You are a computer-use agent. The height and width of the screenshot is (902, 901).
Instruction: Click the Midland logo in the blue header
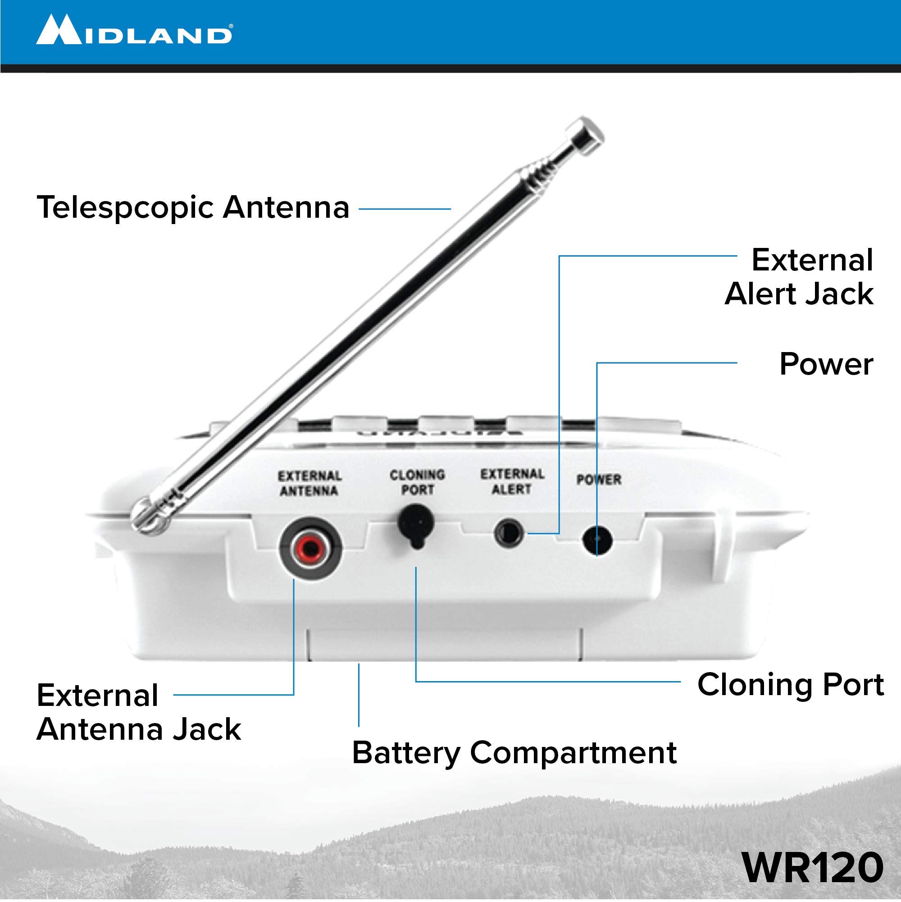[x=134, y=30]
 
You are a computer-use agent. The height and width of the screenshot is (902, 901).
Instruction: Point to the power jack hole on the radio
[x=597, y=540]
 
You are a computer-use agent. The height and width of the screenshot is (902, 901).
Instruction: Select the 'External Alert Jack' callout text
[x=799, y=277]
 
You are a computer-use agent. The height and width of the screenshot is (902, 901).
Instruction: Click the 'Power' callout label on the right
[x=826, y=364]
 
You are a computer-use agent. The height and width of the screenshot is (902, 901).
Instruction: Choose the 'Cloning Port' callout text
[x=790, y=685]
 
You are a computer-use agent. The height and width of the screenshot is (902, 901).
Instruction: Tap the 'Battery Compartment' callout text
[x=514, y=753]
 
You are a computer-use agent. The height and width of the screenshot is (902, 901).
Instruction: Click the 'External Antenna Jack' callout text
[x=138, y=712]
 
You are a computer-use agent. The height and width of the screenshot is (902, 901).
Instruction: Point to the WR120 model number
[x=812, y=867]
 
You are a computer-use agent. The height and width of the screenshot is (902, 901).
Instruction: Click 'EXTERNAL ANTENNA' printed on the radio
[x=309, y=483]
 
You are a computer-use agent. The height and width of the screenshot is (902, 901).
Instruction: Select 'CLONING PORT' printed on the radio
[x=417, y=482]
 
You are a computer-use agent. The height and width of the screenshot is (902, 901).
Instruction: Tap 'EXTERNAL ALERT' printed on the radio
[x=512, y=481]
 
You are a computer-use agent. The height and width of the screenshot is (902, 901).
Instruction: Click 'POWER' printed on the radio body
[x=599, y=480]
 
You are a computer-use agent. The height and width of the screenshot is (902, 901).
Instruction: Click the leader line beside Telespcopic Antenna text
[x=405, y=209]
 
